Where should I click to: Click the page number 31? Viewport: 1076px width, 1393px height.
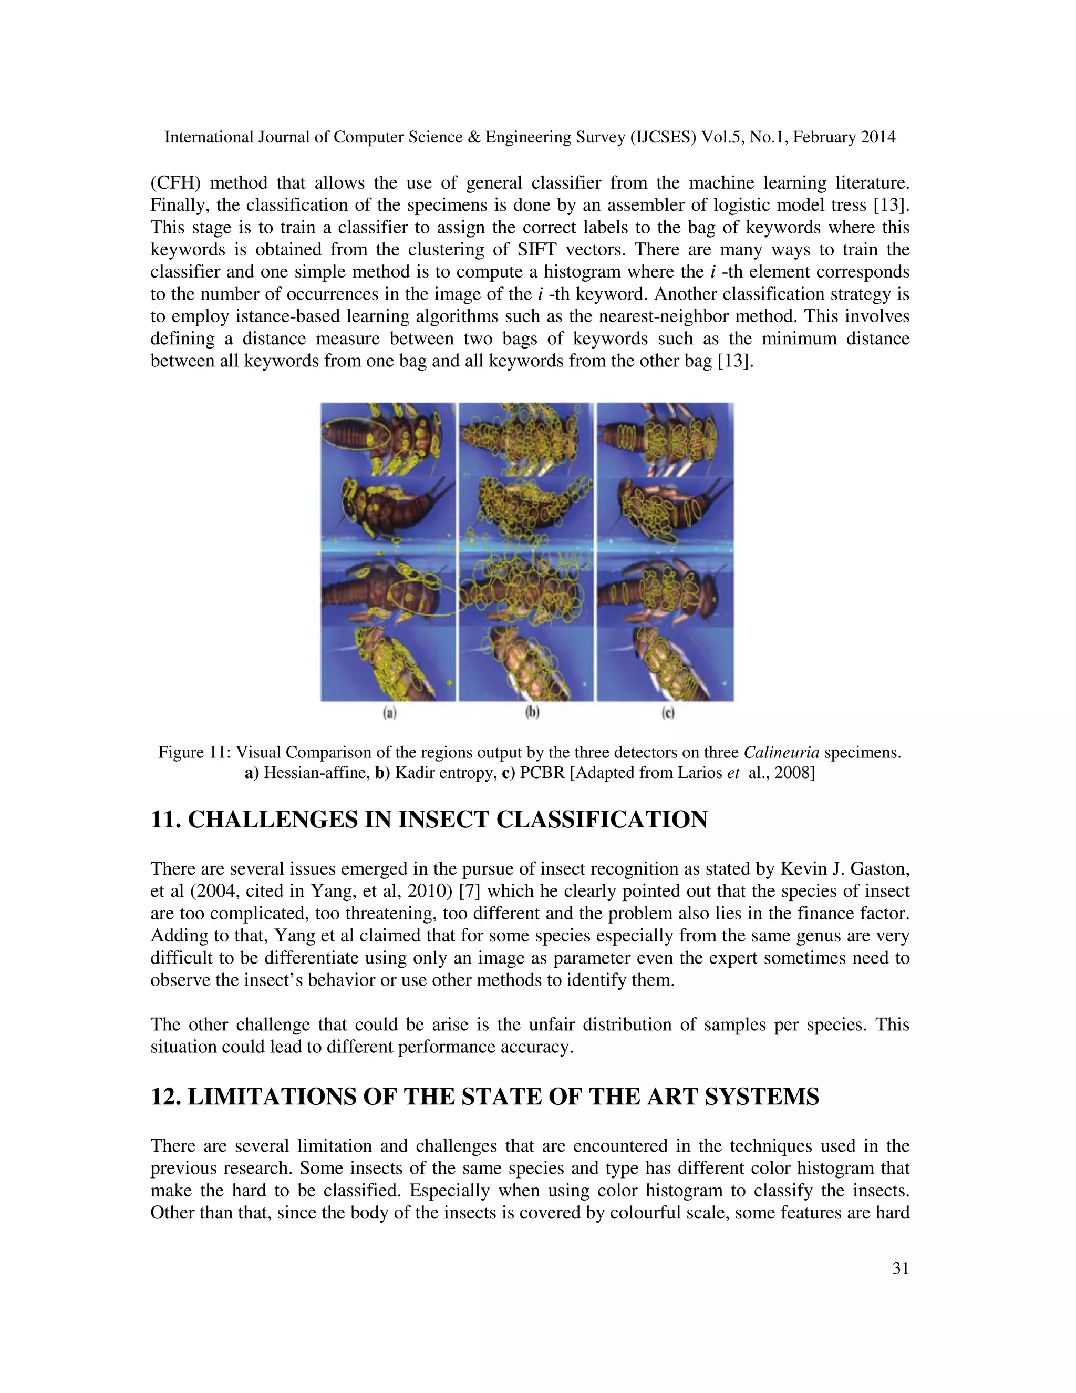(900, 1268)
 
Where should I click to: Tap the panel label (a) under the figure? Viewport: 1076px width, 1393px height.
(389, 713)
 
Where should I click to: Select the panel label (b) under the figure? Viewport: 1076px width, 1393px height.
(532, 713)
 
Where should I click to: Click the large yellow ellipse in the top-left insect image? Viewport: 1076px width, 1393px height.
(355, 434)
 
